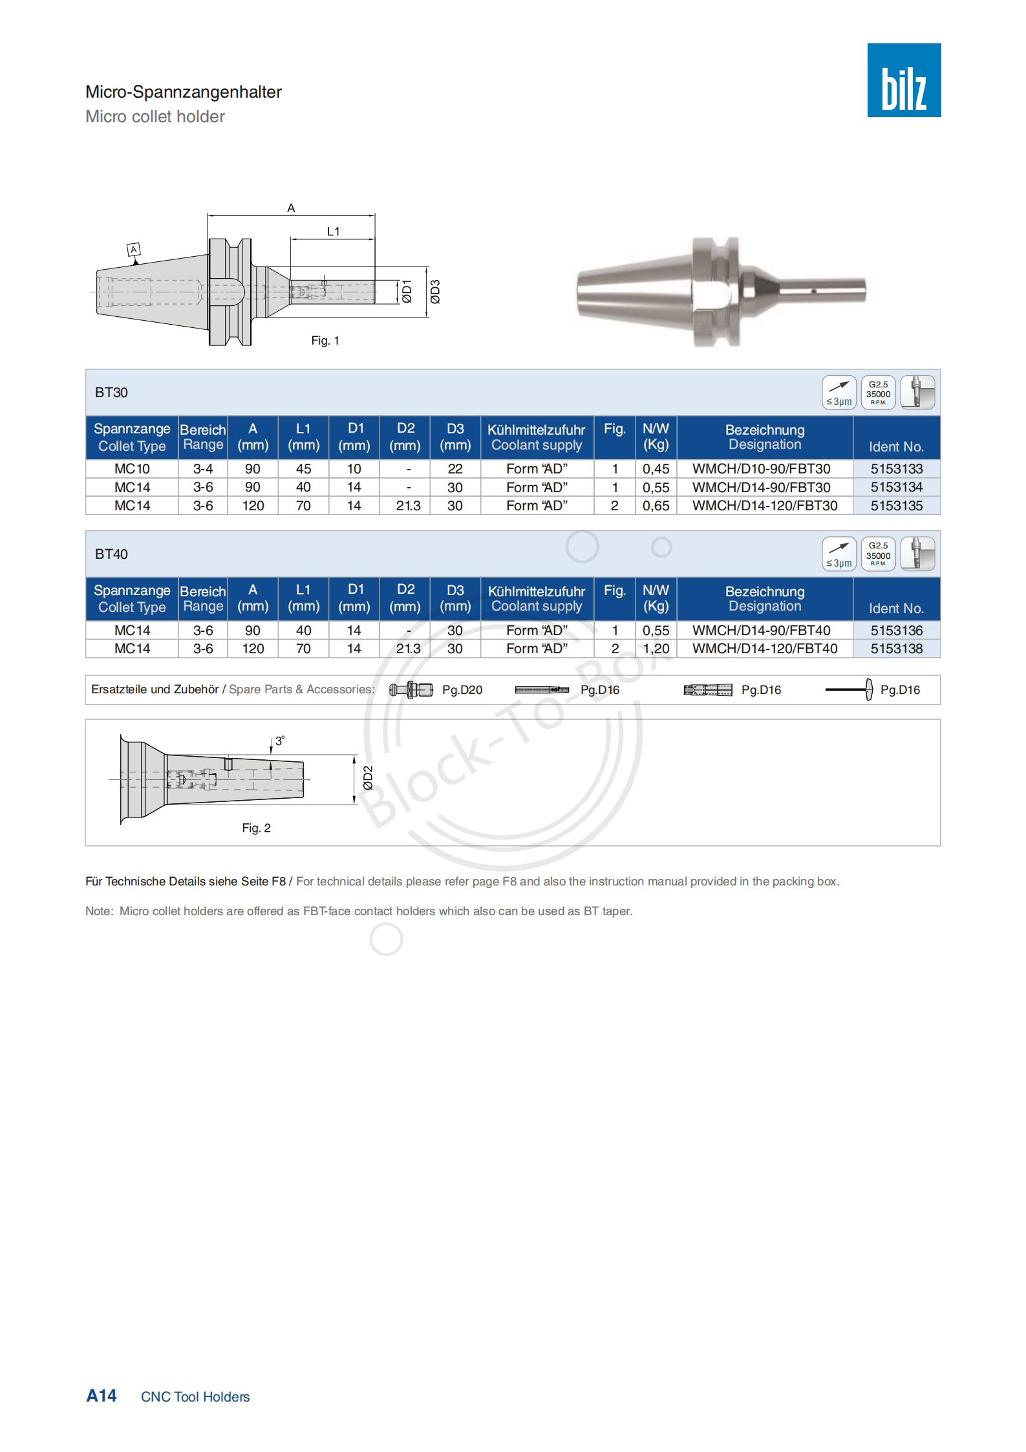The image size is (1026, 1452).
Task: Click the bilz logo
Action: point(903,80)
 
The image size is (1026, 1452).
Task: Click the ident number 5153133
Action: point(896,469)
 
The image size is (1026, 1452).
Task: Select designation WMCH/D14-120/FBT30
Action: point(764,506)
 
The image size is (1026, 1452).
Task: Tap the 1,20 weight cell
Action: point(656,649)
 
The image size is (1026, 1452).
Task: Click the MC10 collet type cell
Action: point(132,469)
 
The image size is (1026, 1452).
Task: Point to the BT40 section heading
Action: point(111,554)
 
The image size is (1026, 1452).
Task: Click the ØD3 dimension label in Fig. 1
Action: point(435,291)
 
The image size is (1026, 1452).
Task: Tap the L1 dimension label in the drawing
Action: point(333,232)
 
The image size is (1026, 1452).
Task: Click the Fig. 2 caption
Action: point(256,828)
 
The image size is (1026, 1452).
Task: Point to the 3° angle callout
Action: point(279,741)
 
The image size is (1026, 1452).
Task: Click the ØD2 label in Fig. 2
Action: point(368,778)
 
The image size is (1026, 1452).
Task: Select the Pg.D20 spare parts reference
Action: point(462,690)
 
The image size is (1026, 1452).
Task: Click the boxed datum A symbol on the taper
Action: point(134,250)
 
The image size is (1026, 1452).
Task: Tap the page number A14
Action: point(102,1396)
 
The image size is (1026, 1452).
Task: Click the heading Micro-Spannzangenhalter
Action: point(184,92)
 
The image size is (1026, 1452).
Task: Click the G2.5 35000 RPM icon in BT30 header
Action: point(878,393)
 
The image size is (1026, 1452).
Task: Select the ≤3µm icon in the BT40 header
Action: point(839,554)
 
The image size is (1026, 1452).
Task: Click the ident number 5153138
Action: point(896,649)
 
